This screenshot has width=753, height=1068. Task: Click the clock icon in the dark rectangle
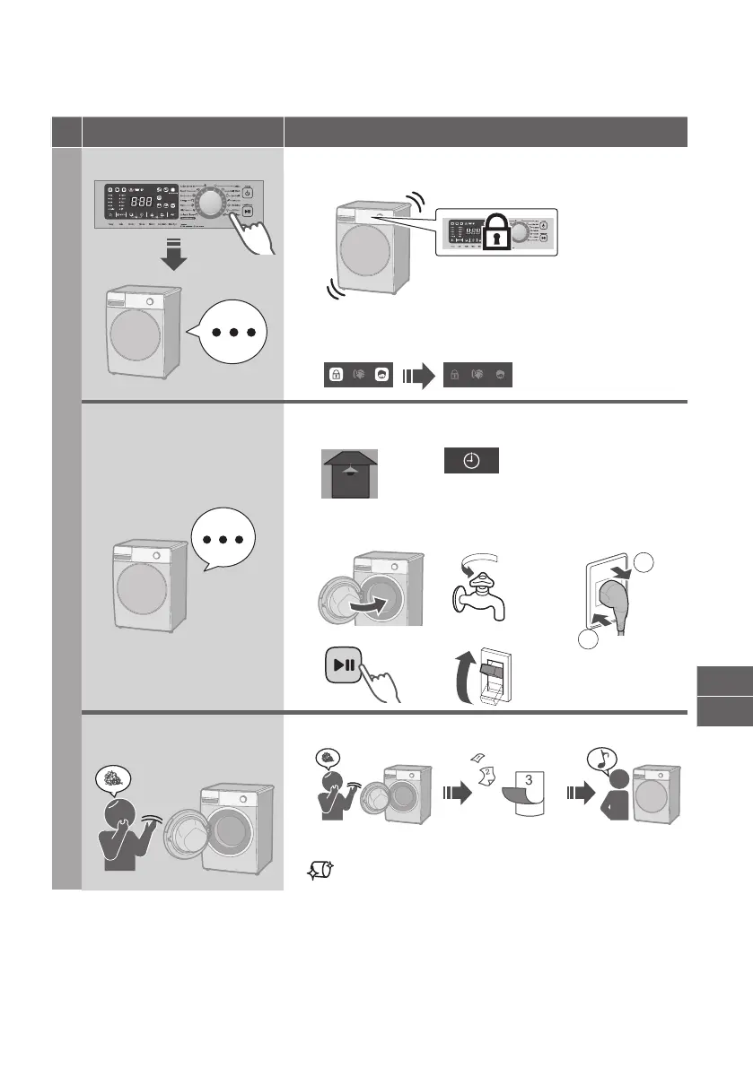click(471, 461)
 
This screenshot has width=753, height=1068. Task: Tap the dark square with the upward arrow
click(351, 472)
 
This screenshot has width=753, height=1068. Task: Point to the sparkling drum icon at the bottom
click(319, 869)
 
